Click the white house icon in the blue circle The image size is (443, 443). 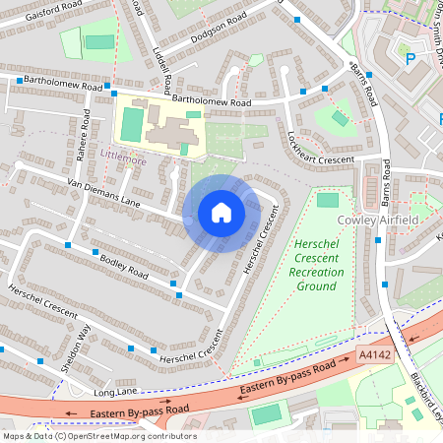coord(221,214)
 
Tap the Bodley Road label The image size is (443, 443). coord(123,266)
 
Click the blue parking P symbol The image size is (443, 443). coord(410,57)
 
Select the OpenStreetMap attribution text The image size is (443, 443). coord(98,436)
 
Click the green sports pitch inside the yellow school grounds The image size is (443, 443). coord(131,123)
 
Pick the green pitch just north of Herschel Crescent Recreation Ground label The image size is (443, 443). coord(327,200)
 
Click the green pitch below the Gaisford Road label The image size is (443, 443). coord(98,42)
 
